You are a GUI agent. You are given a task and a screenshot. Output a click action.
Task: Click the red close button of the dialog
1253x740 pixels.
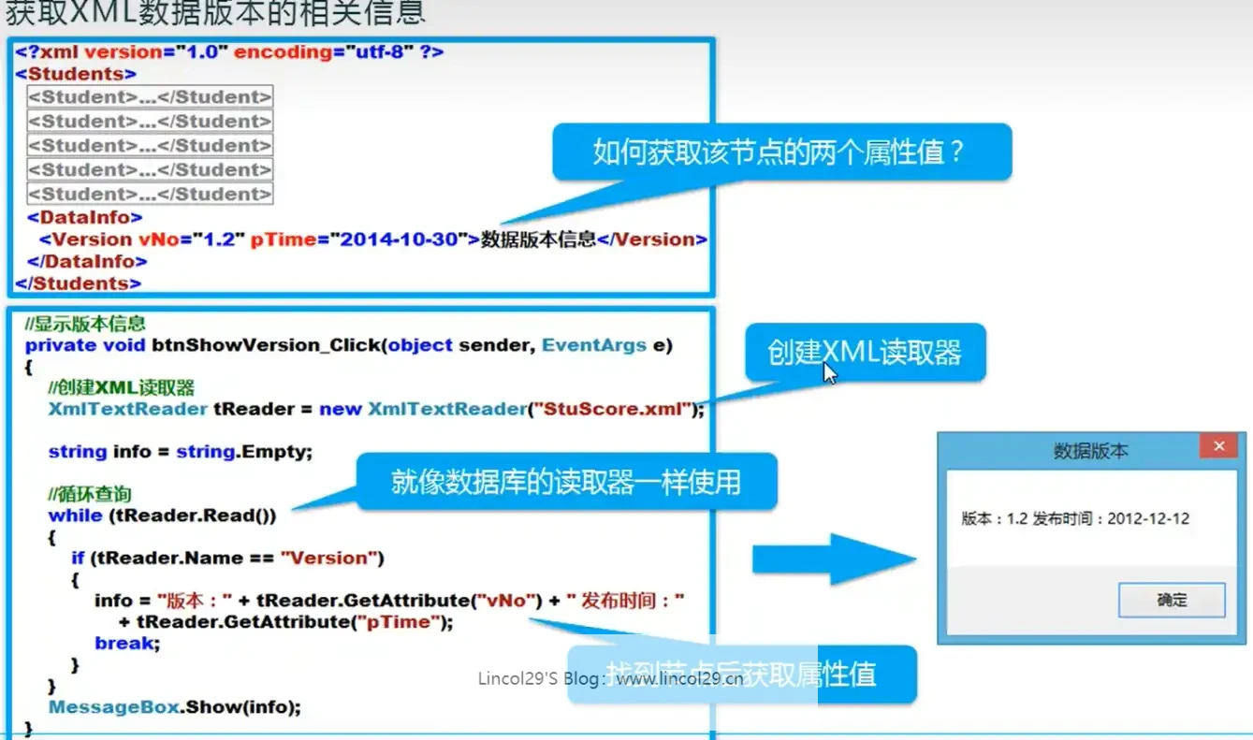coord(1219,446)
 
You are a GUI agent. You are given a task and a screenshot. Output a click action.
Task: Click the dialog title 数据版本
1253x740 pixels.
coord(1091,451)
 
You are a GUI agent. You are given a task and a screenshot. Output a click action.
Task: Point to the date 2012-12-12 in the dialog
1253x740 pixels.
coord(1148,519)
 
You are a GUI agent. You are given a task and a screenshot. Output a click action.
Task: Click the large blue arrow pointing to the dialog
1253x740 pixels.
coord(833,560)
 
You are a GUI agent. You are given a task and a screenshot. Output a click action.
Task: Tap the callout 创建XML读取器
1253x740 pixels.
coord(864,352)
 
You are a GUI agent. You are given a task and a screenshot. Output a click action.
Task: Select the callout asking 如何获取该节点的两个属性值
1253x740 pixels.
coord(780,152)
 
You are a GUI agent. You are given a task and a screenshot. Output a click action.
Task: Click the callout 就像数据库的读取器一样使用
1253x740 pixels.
coord(565,482)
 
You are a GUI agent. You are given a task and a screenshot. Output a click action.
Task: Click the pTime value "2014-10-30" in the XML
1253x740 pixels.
coord(402,239)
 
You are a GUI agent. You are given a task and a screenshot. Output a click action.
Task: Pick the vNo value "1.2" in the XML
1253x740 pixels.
coord(219,239)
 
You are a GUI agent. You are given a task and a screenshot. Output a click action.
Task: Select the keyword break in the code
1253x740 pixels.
coord(125,643)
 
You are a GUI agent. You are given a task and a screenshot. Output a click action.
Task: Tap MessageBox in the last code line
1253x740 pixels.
coord(113,707)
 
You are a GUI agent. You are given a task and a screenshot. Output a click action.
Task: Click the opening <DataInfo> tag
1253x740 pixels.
coord(85,217)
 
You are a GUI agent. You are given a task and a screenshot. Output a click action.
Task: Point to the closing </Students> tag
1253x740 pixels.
coord(79,283)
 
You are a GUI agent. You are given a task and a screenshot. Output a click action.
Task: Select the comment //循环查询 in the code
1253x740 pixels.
coord(90,493)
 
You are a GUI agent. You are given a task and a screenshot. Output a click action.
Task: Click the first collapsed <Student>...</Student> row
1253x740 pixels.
coord(150,97)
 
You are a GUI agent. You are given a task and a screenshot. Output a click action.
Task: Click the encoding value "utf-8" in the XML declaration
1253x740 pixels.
coord(373,52)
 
